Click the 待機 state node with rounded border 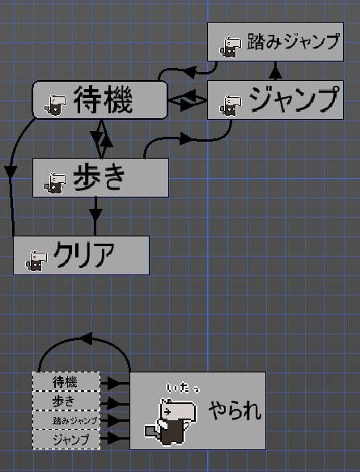(x=100, y=100)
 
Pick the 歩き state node (x=100, y=177)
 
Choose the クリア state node (x=82, y=255)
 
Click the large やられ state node (x=197, y=410)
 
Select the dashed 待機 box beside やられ (x=66, y=382)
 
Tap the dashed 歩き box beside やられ (x=66, y=402)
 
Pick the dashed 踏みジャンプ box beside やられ (x=66, y=421)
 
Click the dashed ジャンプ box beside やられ (x=66, y=440)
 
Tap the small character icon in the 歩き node (x=54, y=183)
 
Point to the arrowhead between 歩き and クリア (x=95, y=215)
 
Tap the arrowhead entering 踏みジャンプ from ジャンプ (x=276, y=71)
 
